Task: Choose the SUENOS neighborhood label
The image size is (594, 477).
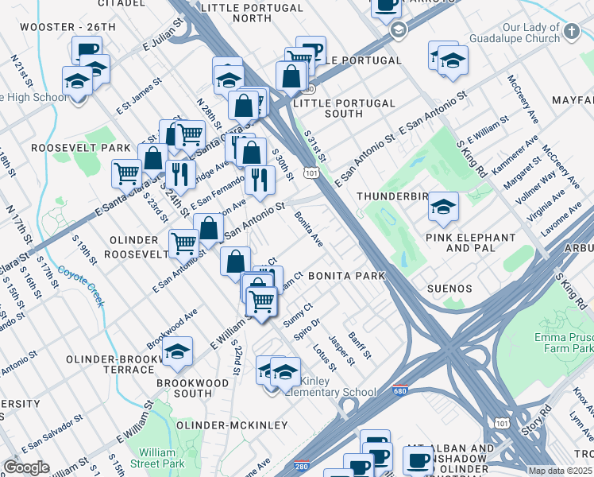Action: pos(449,289)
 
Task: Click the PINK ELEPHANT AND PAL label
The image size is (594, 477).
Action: pos(471,242)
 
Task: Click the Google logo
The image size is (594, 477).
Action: pos(26,467)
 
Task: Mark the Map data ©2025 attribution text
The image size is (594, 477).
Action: pos(560,471)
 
